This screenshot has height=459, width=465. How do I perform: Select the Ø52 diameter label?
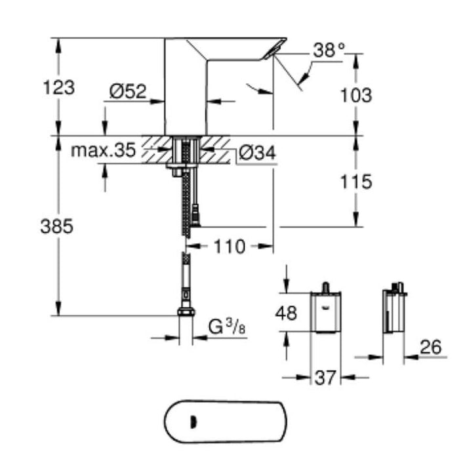pos(127,92)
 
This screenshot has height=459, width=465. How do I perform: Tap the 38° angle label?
pos(328,50)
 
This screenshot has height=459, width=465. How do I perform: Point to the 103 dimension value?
pos(357,95)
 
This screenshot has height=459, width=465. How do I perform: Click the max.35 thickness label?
pos(102,151)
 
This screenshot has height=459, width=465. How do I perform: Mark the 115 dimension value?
pos(357,181)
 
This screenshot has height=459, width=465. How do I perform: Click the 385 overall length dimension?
pos(58,226)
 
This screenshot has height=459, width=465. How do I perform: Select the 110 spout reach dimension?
pos(229,247)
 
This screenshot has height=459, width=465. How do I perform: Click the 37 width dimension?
pos(325,378)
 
